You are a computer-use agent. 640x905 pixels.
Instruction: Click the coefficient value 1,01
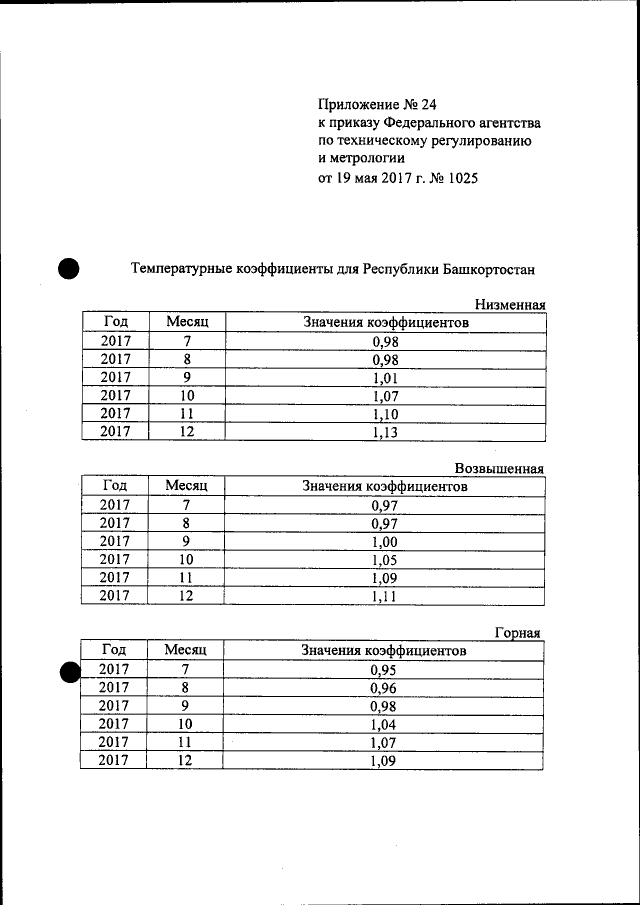click(385, 377)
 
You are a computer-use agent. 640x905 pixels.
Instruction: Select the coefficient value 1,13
click(385, 431)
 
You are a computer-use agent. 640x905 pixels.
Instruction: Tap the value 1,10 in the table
click(385, 413)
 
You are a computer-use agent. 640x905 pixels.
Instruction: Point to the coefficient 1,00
click(385, 541)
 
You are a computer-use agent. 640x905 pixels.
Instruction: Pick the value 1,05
click(385, 559)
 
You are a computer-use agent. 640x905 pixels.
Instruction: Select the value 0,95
click(385, 669)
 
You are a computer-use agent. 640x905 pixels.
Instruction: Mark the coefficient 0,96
click(385, 688)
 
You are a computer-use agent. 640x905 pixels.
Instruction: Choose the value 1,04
click(385, 724)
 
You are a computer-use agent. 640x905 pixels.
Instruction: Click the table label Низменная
click(510, 304)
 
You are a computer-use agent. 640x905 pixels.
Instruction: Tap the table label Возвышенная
click(499, 468)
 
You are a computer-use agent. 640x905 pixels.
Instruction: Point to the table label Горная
click(518, 632)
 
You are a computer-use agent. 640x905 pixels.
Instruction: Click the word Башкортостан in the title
click(488, 268)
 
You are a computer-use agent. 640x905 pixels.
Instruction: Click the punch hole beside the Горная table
click(68, 672)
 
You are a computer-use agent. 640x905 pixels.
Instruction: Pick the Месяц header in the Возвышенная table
click(186, 485)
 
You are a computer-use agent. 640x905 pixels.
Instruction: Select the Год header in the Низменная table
click(115, 321)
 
